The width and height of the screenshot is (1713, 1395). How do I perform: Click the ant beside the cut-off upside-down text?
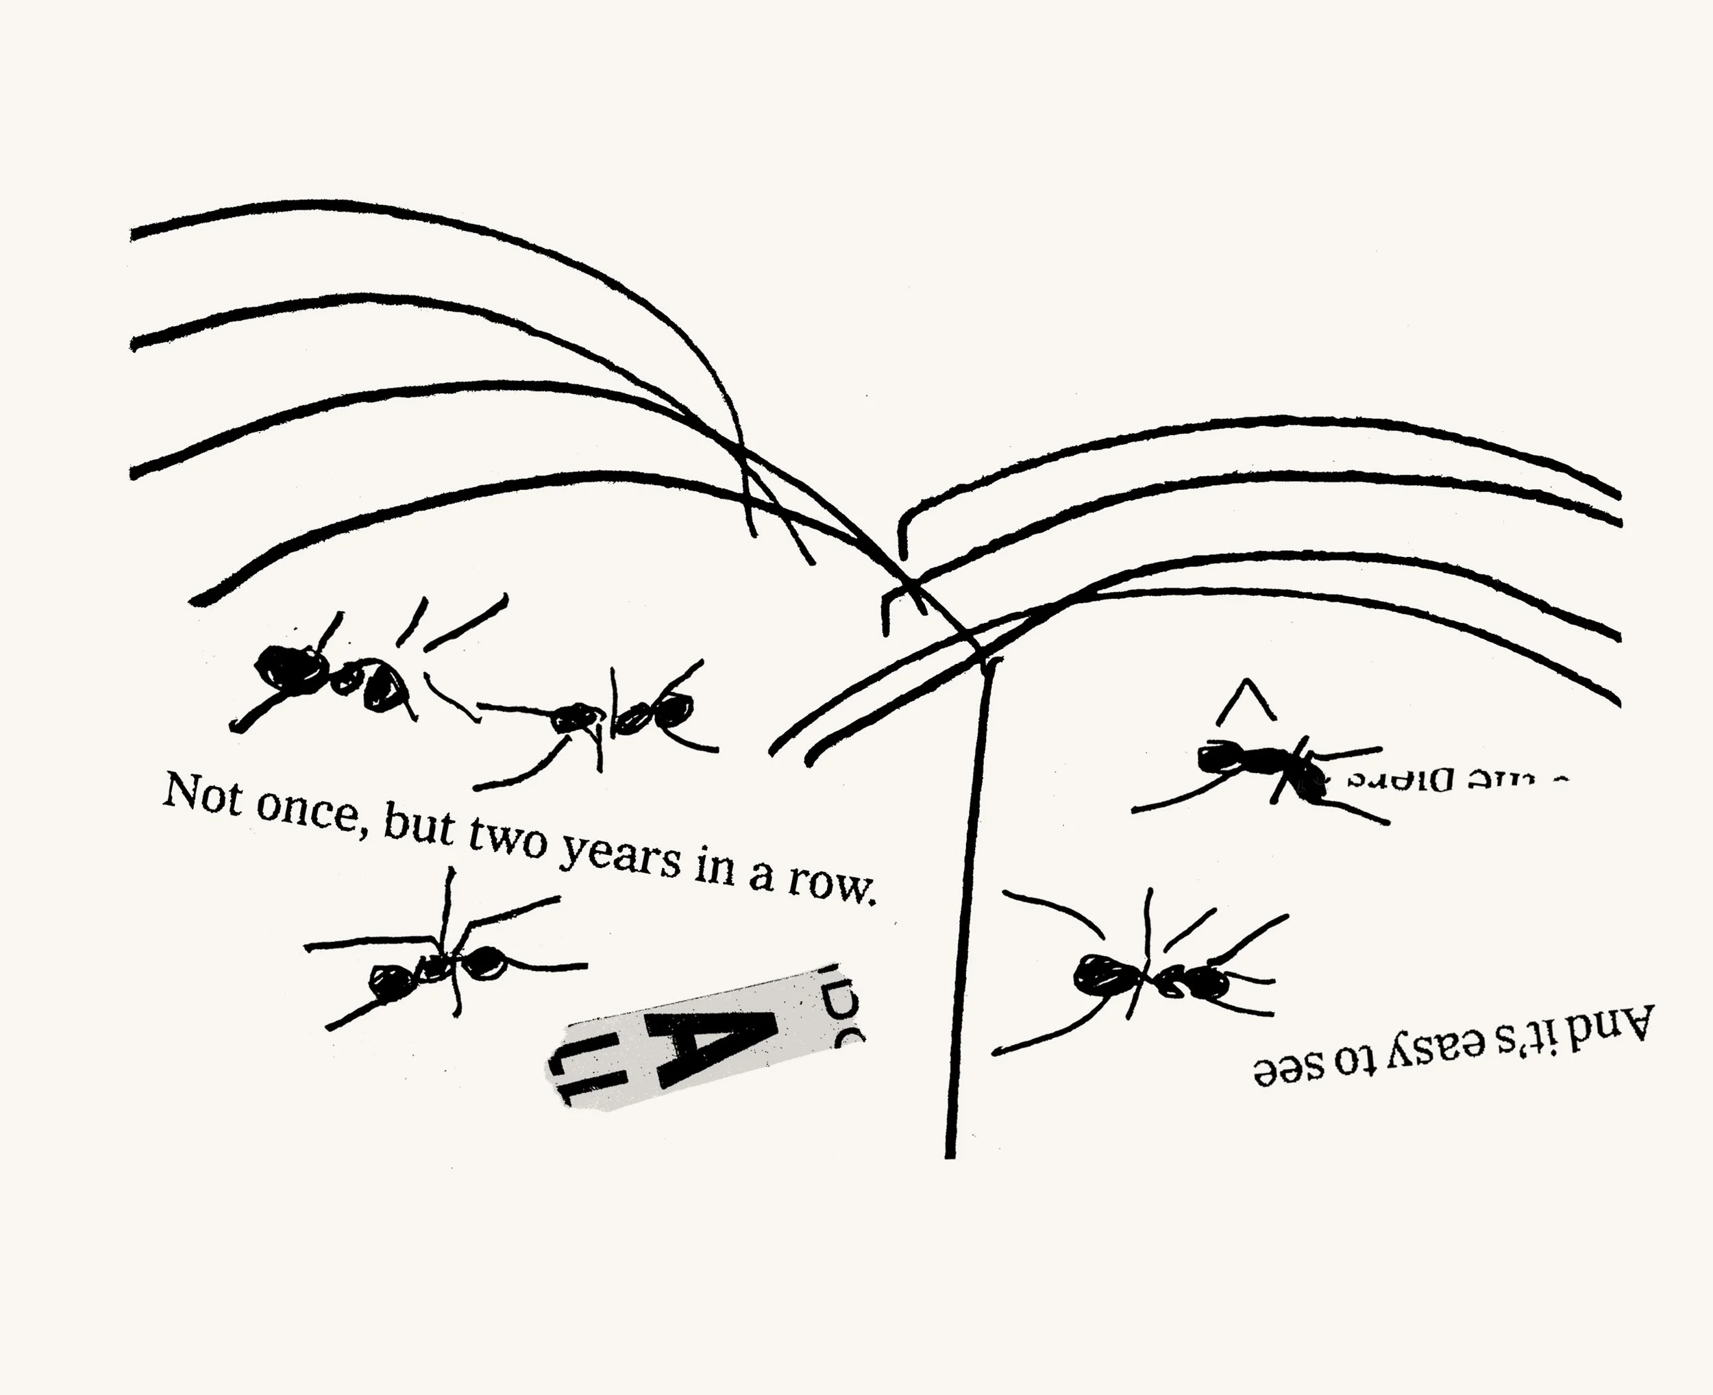pos(1261,767)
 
